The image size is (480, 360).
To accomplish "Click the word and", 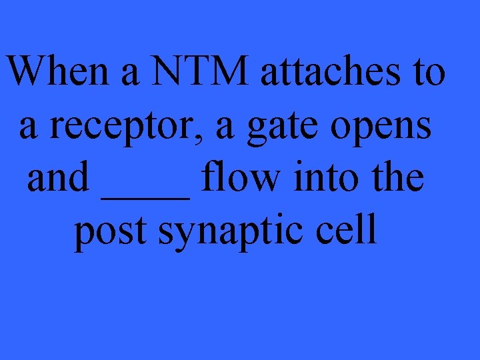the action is click(58, 178).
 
